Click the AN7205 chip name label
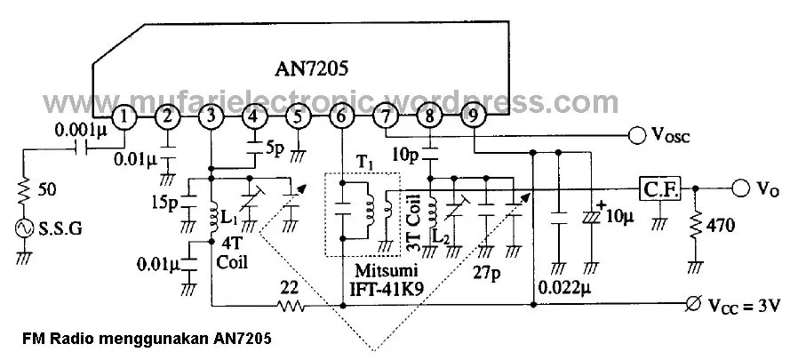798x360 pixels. point(311,68)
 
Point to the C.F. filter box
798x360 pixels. point(660,189)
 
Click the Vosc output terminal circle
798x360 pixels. point(637,135)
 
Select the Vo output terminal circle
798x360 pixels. point(741,188)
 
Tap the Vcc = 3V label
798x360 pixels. point(744,306)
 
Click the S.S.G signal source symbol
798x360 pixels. point(25,229)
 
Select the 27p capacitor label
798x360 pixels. point(487,274)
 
